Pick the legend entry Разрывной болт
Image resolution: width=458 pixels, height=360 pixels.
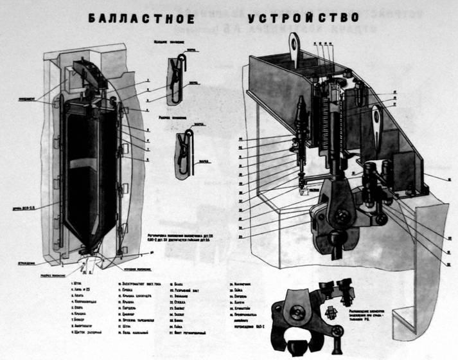tap(189, 291)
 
